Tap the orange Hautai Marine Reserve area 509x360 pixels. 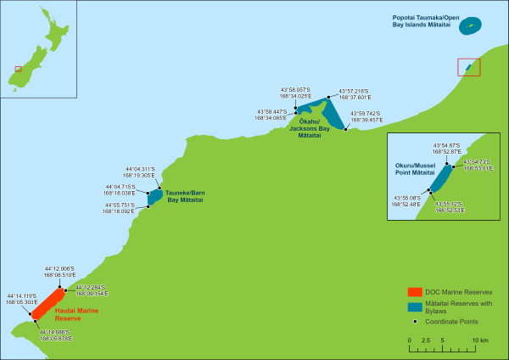point(48,303)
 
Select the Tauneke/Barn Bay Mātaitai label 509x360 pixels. point(184,196)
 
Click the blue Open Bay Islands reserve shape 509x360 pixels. point(469,25)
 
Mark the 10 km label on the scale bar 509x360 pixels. point(480,340)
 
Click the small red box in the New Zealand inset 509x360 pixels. point(18,69)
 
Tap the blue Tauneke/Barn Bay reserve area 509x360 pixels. point(154,197)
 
